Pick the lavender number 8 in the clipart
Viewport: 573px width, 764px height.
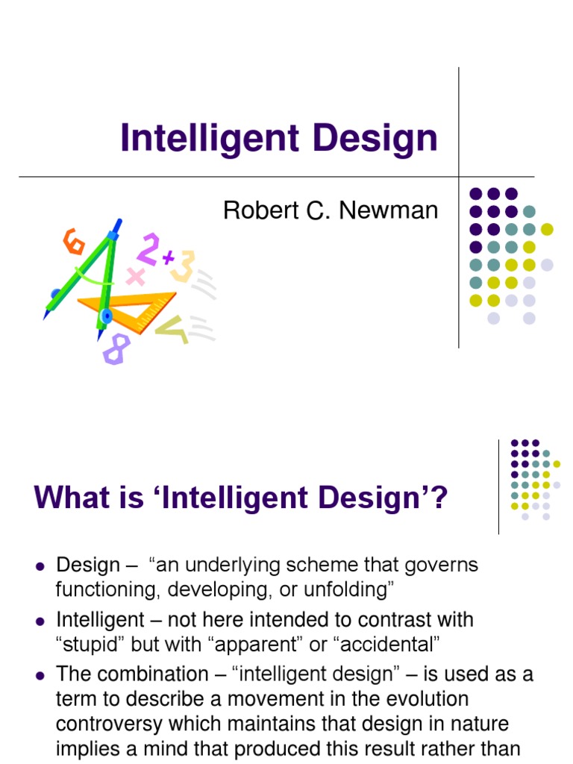(x=116, y=348)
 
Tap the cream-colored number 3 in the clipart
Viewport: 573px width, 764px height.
(x=183, y=265)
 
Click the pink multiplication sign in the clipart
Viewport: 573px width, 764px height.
(x=135, y=277)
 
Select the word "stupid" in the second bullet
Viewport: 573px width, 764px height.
(x=90, y=645)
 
